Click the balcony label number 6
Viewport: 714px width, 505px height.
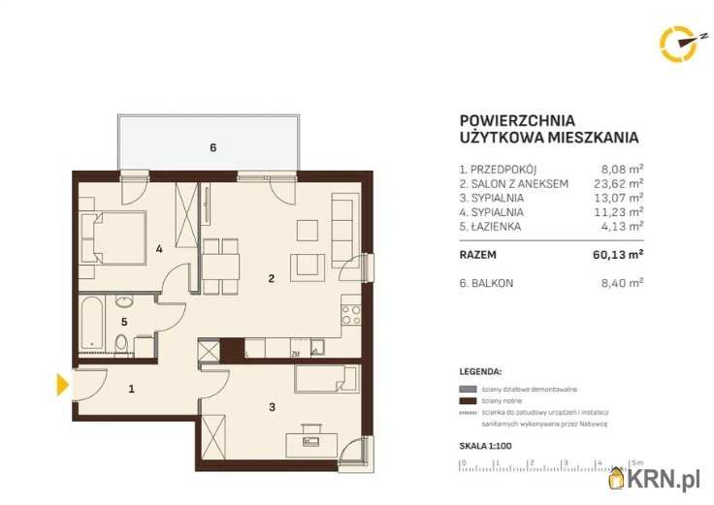[212, 147]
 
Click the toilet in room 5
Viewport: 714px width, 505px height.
[121, 343]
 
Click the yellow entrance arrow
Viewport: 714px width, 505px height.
[62, 385]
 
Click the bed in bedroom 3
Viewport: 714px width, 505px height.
[325, 377]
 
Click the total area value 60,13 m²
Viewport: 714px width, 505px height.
[621, 256]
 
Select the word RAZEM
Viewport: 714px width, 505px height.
[478, 256]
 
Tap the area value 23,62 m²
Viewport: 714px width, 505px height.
[622, 182]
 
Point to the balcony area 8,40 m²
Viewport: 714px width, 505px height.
[623, 283]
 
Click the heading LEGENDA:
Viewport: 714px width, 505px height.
[480, 371]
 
